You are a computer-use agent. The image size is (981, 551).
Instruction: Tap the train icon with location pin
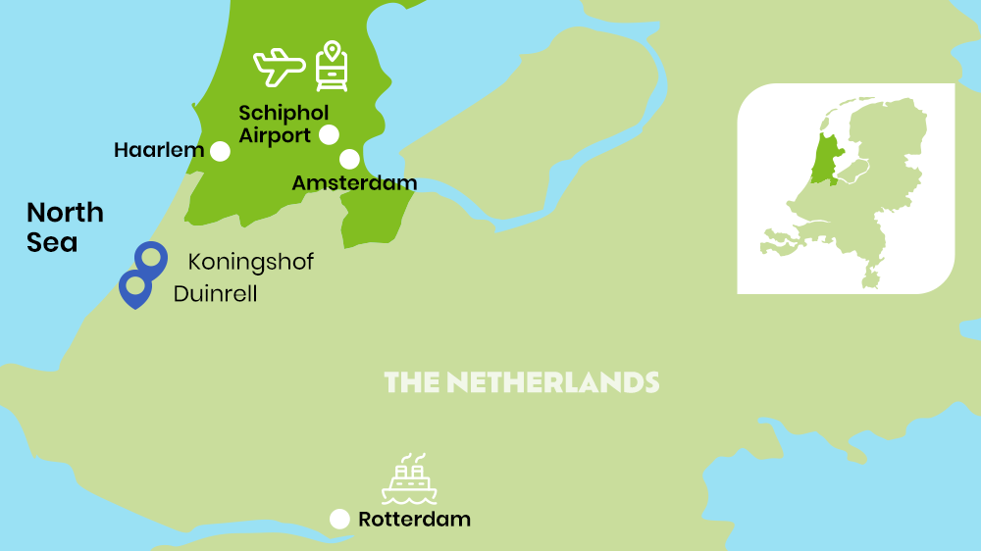(332, 67)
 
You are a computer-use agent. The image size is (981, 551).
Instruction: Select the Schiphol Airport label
(283, 125)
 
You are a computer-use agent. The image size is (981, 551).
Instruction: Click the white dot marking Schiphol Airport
(329, 134)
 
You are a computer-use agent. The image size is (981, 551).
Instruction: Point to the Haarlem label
(159, 151)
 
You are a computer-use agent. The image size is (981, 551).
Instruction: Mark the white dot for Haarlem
(220, 151)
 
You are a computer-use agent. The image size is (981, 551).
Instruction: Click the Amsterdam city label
(354, 183)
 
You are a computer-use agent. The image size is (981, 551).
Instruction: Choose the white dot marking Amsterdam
(349, 159)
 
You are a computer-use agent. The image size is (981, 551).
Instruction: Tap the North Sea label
(65, 226)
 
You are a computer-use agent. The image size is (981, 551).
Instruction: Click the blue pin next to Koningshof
(150, 259)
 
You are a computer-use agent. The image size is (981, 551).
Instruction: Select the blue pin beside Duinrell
(134, 288)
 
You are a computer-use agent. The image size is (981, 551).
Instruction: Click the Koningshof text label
(251, 263)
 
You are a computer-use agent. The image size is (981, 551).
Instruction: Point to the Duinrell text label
(215, 293)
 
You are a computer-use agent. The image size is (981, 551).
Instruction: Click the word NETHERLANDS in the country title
(552, 382)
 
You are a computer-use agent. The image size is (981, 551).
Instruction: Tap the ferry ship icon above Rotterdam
(409, 479)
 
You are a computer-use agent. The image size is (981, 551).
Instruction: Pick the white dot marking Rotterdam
(339, 520)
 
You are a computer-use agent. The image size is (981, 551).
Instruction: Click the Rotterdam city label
(414, 520)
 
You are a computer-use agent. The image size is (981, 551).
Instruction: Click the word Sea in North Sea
(52, 242)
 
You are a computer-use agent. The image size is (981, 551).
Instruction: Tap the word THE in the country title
(411, 382)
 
